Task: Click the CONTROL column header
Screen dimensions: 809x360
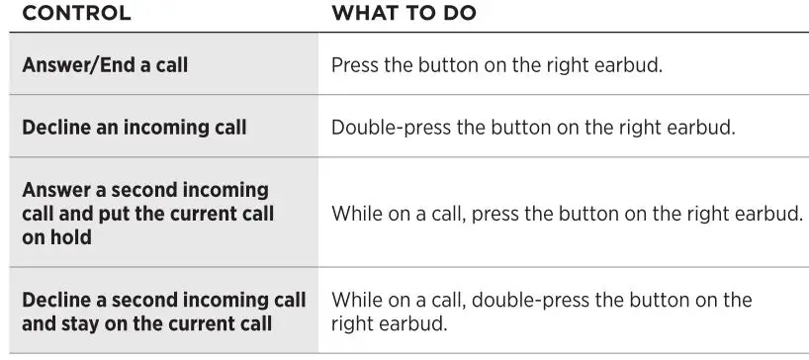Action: pyautogui.click(x=76, y=13)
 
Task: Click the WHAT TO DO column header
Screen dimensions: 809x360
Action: pyautogui.click(x=404, y=13)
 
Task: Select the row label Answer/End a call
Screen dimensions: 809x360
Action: pyautogui.click(x=105, y=65)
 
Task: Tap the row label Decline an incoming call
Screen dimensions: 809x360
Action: pyautogui.click(x=135, y=128)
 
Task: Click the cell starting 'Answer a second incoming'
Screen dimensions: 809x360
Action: pyautogui.click(x=148, y=214)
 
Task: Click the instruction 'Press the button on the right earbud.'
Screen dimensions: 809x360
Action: pyautogui.click(x=496, y=65)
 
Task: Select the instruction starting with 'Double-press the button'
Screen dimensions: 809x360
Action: pyautogui.click(x=533, y=128)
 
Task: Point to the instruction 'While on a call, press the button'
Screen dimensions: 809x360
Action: pyautogui.click(x=567, y=214)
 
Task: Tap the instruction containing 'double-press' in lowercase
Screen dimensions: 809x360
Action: pyautogui.click(x=541, y=313)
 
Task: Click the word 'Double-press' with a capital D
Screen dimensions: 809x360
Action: pyautogui.click(x=391, y=128)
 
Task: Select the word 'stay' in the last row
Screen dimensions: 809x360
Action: pyautogui.click(x=83, y=324)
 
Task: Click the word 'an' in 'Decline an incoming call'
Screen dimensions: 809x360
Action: pyautogui.click(x=107, y=128)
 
